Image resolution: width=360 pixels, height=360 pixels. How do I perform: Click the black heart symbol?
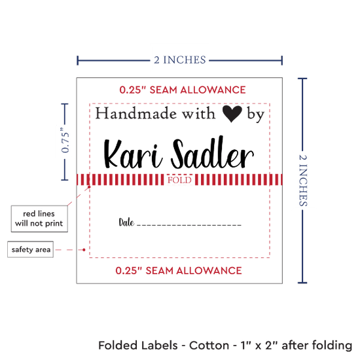(232, 114)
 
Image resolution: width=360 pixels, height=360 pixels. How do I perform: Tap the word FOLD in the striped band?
(179, 180)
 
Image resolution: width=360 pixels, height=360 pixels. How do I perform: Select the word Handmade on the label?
(136, 113)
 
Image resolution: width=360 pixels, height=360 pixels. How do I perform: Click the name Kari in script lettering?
(133, 154)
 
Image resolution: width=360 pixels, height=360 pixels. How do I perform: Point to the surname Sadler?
(213, 153)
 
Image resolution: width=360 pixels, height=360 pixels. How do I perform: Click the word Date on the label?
(126, 223)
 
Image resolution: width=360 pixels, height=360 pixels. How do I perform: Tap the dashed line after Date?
(189, 225)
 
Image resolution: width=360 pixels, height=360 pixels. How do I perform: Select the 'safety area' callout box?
(31, 249)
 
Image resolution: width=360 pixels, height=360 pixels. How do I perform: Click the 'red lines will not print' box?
(39, 219)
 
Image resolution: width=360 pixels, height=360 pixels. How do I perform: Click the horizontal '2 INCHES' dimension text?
(180, 60)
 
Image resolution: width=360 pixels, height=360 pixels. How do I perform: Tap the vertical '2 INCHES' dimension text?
(303, 180)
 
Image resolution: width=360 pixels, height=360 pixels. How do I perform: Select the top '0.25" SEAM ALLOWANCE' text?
(183, 90)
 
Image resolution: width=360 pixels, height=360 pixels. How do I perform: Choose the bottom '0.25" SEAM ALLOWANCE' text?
(179, 271)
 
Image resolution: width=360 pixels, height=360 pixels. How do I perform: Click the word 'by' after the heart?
(256, 115)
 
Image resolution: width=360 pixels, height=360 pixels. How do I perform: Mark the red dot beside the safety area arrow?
(84, 249)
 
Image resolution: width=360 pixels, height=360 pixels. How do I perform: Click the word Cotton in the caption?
(209, 346)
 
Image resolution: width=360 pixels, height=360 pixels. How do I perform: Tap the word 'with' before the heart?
(199, 113)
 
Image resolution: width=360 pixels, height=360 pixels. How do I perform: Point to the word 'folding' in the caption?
(333, 346)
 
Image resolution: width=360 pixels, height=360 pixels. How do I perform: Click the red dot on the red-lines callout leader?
(89, 187)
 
